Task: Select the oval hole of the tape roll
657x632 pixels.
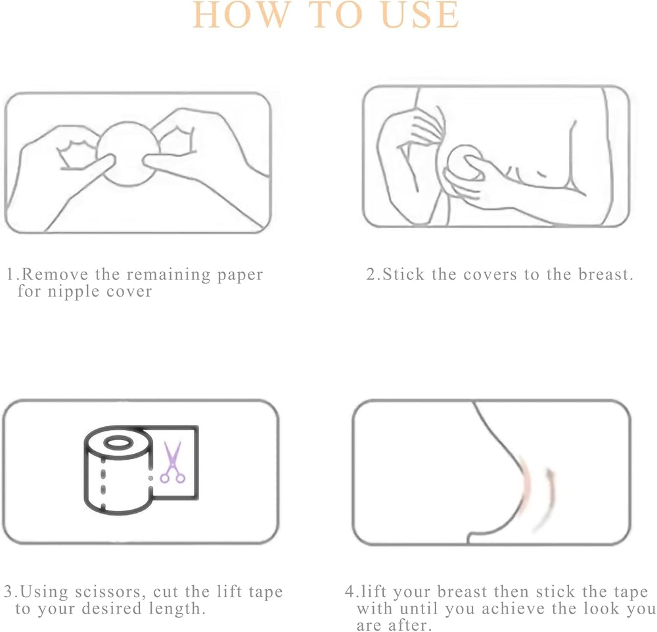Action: point(118,443)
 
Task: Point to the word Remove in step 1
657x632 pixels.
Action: point(55,274)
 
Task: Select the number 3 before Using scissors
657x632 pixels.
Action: point(9,592)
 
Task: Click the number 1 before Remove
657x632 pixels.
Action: point(11,275)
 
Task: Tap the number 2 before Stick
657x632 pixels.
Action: point(371,275)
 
